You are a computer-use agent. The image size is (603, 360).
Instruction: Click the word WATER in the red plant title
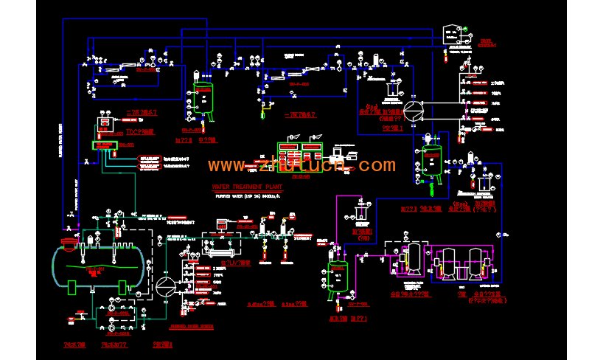tap(221, 187)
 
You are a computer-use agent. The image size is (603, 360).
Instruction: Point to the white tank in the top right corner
tap(450, 35)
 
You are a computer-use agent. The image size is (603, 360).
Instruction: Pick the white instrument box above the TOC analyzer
tap(105, 120)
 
